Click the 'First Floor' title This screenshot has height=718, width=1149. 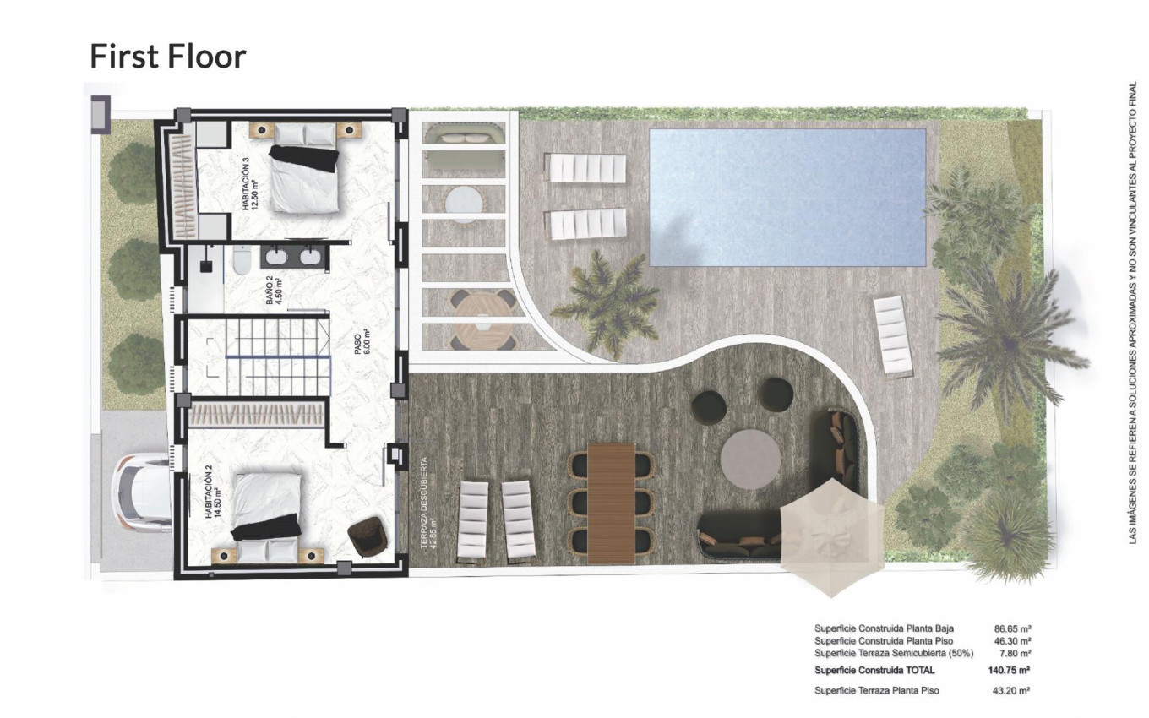pyautogui.click(x=167, y=56)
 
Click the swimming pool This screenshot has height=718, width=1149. pyautogui.click(x=787, y=196)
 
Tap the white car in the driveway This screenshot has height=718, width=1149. pyautogui.click(x=142, y=494)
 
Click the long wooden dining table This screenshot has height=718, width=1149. pyautogui.click(x=612, y=502)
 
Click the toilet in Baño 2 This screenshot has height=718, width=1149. pyautogui.click(x=240, y=261)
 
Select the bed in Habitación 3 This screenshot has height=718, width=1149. pyautogui.click(x=304, y=169)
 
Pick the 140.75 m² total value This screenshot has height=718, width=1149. pyautogui.click(x=1009, y=671)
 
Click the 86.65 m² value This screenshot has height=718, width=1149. pyautogui.click(x=1012, y=629)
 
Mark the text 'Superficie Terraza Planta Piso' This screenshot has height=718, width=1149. pyautogui.click(x=876, y=691)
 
